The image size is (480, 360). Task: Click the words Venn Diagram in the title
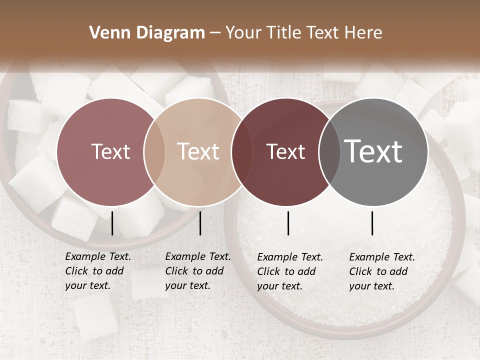point(147,33)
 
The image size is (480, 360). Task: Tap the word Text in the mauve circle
point(110,151)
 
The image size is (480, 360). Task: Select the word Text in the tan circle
point(198,151)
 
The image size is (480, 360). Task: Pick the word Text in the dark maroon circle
point(285,151)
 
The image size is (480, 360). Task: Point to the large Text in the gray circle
point(373,151)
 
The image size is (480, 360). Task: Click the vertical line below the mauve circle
point(112,223)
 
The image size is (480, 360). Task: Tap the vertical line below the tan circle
point(200,223)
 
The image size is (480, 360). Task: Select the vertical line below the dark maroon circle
point(288,223)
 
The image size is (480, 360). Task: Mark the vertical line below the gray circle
point(372,223)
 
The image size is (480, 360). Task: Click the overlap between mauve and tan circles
point(154,152)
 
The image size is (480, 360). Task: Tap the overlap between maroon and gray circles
point(328,152)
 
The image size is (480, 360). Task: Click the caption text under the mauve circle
point(97,271)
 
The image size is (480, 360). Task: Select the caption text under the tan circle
point(197,271)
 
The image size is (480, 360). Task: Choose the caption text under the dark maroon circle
point(289,271)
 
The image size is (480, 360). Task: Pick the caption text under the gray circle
point(381,271)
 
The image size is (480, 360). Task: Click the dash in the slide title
point(215,33)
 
